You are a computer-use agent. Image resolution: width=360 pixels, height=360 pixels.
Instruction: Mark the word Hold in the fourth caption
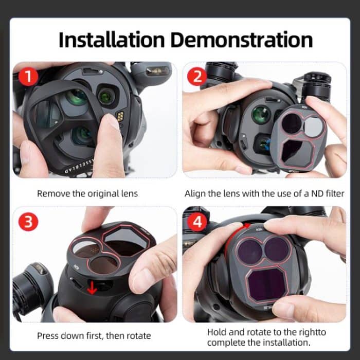pyautogui.click(x=217, y=332)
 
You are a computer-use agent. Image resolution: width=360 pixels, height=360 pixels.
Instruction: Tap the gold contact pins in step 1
pyautogui.click(x=120, y=117)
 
